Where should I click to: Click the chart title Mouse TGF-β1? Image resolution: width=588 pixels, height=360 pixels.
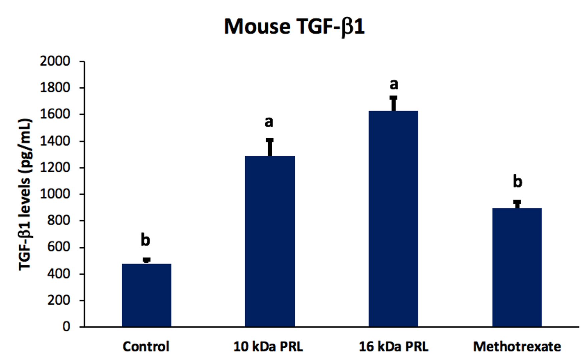(294, 27)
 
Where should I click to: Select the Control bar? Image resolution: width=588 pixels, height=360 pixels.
(146, 295)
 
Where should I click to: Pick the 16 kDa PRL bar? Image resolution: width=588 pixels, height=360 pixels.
(393, 219)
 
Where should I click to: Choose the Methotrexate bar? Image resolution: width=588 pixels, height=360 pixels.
(517, 267)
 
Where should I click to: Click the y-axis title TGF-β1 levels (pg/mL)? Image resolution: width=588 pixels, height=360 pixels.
(25, 194)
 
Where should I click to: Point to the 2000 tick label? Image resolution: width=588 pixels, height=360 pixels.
(55, 61)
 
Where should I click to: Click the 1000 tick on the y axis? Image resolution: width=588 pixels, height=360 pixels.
(55, 194)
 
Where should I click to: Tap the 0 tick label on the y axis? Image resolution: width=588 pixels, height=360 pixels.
(66, 326)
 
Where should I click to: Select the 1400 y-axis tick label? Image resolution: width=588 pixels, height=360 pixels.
(55, 141)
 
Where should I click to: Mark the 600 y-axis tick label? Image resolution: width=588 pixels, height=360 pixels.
(58, 247)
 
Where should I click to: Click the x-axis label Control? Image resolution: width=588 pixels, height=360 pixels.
(146, 347)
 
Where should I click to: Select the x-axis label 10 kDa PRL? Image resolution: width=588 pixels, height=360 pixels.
(268, 347)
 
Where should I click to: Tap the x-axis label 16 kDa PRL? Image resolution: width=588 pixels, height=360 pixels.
(393, 347)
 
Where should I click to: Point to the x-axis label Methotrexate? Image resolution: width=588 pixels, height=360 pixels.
(517, 347)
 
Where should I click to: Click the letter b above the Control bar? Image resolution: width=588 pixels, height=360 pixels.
(145, 240)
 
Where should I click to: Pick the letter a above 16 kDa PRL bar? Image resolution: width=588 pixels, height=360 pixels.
(394, 84)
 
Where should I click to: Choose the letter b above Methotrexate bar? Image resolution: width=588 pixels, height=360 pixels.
(517, 182)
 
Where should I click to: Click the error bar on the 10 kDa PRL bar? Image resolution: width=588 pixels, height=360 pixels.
(270, 147)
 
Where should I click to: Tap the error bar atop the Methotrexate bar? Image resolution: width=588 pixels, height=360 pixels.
(517, 204)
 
